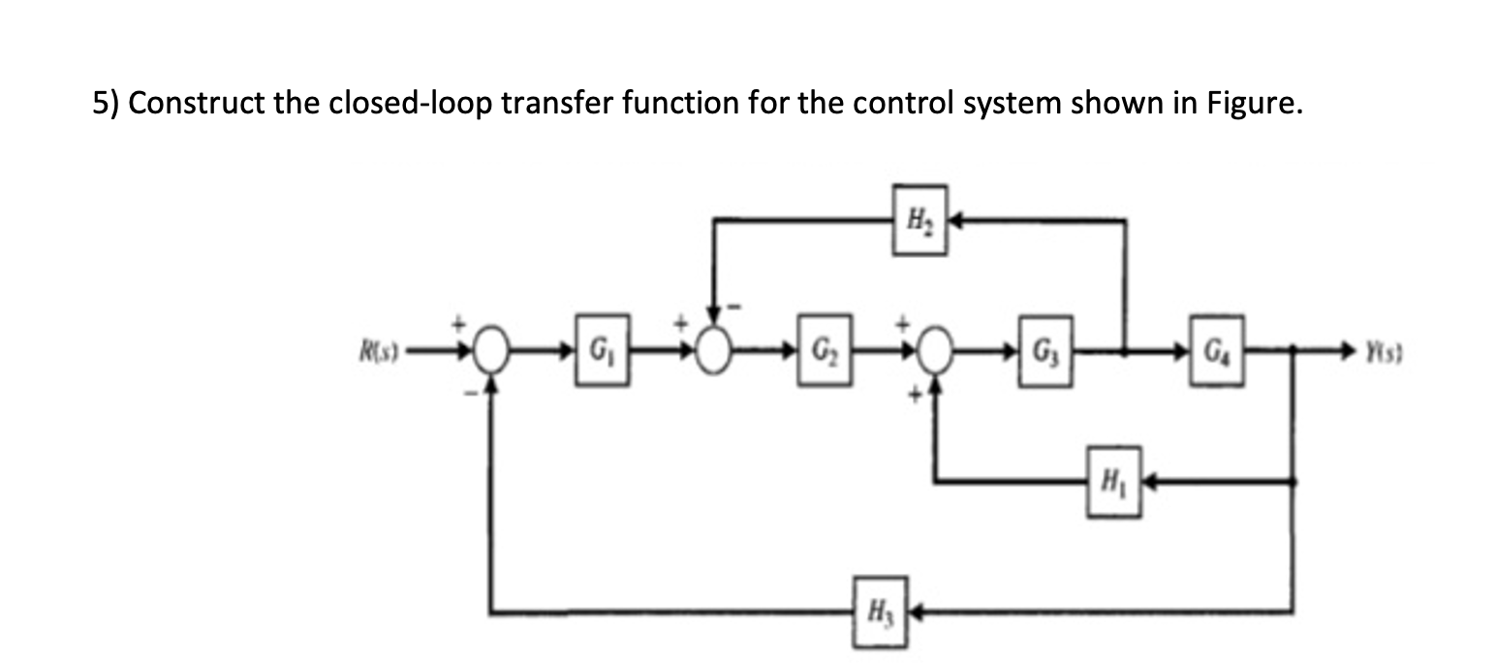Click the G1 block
point(602,360)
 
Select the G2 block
point(826,360)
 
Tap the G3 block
point(1044,360)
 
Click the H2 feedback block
point(919,220)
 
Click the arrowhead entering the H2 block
point(955,221)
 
